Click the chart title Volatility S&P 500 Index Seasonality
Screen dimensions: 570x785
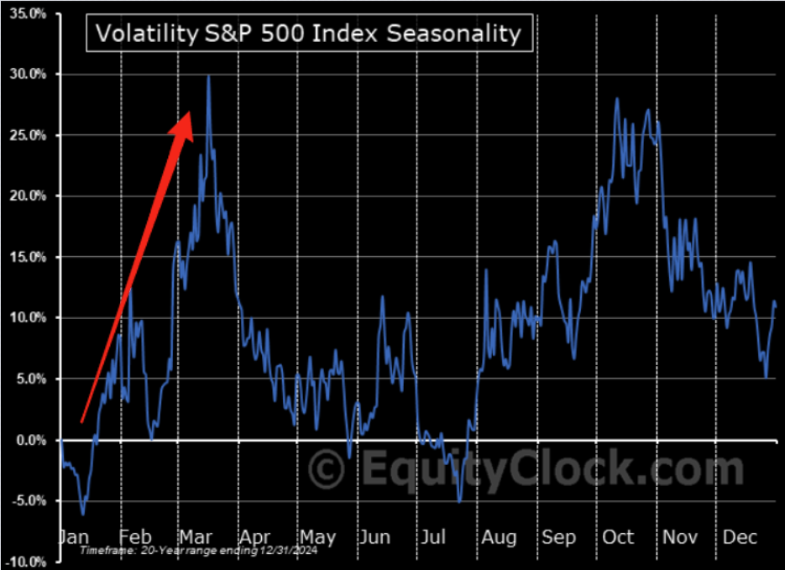(307, 34)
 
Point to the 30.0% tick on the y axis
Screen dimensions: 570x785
(30, 75)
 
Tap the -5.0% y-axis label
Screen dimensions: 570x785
(30, 501)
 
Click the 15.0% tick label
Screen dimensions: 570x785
(30, 258)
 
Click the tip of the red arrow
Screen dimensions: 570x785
(191, 112)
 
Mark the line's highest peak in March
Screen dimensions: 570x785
(208, 76)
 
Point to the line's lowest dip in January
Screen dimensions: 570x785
(82, 514)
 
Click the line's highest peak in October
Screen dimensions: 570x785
(617, 99)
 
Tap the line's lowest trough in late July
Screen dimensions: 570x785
(459, 501)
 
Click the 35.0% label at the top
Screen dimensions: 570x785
(30, 14)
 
